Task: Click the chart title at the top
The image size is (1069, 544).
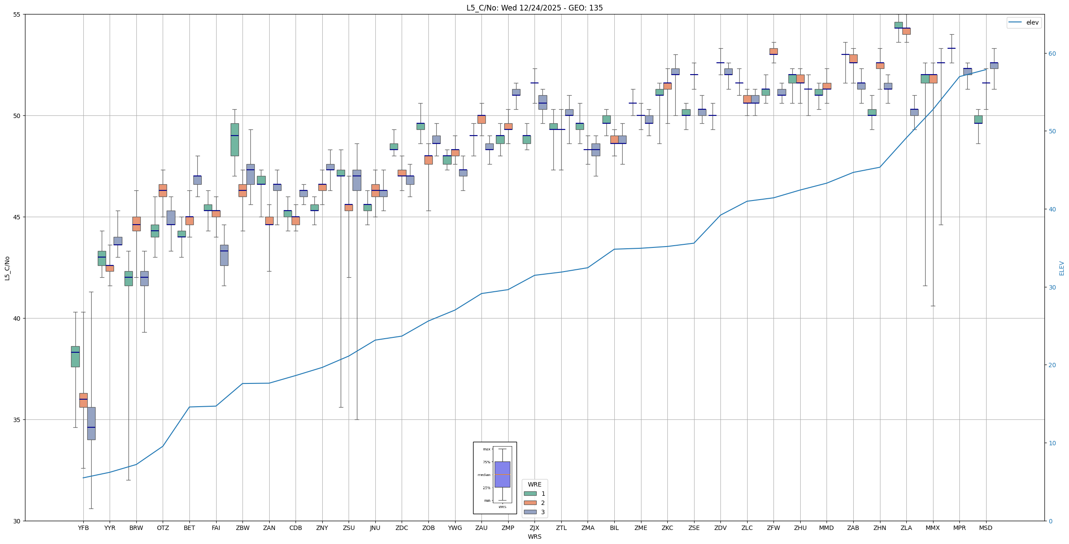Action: [534, 8]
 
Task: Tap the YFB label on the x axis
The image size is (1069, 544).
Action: [83, 528]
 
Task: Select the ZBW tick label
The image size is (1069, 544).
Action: [242, 528]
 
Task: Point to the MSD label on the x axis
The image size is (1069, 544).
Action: [986, 528]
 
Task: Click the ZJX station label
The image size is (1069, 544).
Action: [534, 528]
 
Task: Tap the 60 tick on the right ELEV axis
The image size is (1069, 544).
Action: [1051, 54]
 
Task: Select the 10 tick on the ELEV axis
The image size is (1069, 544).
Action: [1051, 443]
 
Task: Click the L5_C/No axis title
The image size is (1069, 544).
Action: [7, 268]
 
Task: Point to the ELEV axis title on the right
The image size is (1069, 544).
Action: [1062, 268]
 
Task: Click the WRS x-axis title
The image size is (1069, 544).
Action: [534, 537]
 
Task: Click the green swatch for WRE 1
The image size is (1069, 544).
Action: [530, 494]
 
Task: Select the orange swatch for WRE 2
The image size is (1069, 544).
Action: [530, 503]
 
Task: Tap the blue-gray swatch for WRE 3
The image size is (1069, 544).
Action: [530, 512]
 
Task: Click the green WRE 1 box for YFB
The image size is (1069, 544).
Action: [75, 356]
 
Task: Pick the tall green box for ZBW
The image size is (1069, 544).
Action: [235, 140]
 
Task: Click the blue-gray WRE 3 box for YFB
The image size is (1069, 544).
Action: [91, 423]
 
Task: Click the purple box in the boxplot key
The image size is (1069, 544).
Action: [502, 474]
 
